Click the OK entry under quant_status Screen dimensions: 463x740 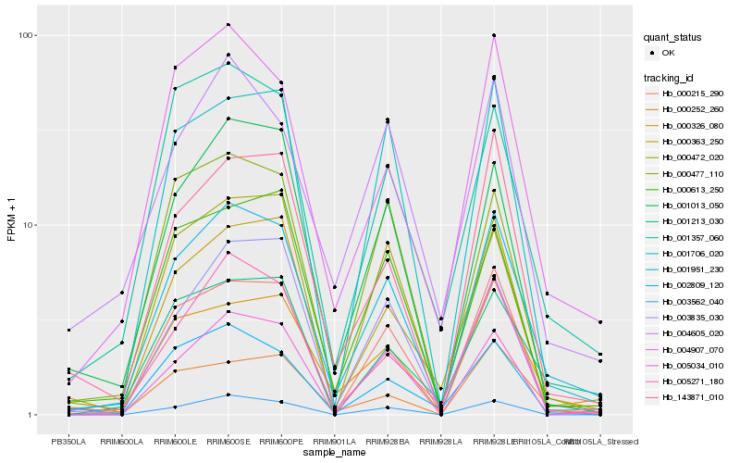click(667, 53)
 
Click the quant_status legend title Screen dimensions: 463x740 click(673, 38)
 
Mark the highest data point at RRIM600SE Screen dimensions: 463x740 click(228, 24)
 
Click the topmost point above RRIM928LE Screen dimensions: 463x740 click(494, 35)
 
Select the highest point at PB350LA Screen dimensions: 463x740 click(68, 330)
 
